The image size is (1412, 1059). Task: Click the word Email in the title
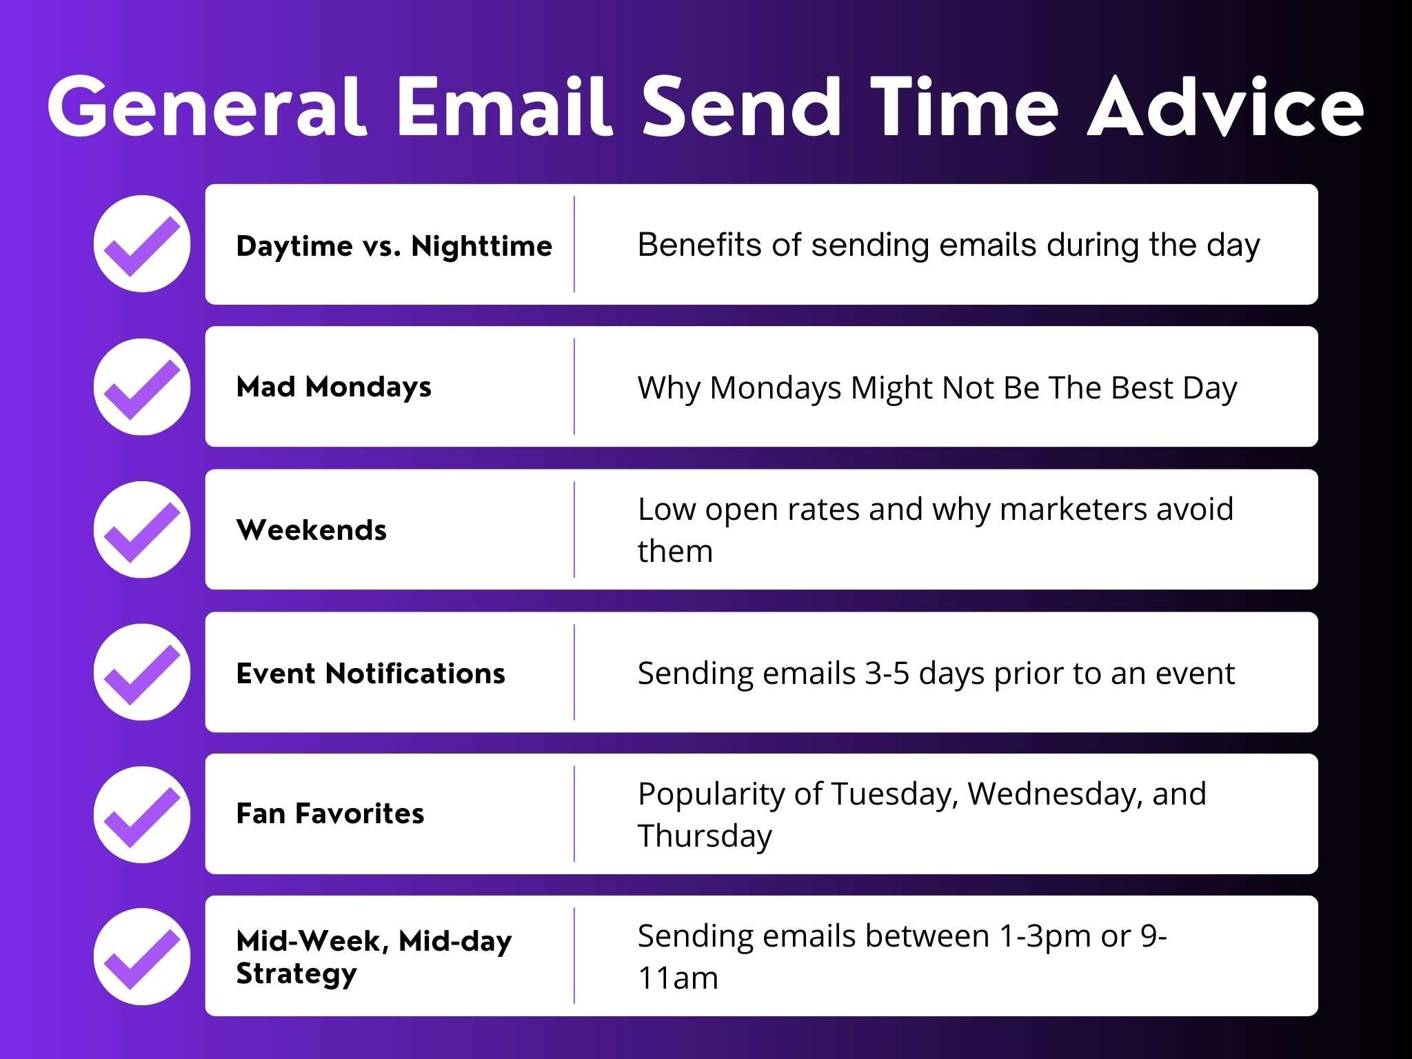(504, 108)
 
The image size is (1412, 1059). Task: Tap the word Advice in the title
(1225, 108)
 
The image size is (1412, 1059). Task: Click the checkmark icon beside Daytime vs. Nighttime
(142, 244)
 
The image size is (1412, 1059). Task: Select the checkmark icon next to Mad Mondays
(142, 387)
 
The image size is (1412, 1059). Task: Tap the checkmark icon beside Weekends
(142, 529)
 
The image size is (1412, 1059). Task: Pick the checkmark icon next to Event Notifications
(142, 672)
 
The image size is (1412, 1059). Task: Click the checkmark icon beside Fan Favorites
(142, 814)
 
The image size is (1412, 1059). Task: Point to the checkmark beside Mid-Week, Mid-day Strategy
(142, 956)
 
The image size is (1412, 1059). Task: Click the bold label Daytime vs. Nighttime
(394, 246)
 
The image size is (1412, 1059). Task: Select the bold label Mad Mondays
(334, 387)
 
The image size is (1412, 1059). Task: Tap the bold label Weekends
(311, 530)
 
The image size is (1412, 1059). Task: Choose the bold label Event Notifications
(370, 673)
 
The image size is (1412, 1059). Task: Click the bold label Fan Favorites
(330, 814)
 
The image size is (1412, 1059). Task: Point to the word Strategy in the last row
(296, 974)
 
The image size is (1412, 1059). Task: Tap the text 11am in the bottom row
(678, 978)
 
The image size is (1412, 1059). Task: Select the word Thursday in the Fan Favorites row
(705, 836)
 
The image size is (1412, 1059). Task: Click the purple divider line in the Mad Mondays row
(574, 387)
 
